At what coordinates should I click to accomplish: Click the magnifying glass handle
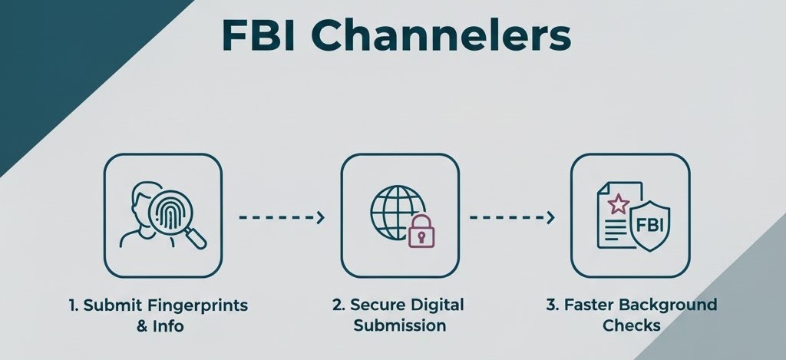pos(196,239)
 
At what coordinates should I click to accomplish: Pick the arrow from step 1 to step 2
pos(281,218)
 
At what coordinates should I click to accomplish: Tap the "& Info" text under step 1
pos(160,325)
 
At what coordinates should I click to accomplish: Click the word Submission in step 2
pos(398,325)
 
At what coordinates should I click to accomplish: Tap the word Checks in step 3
pos(631,325)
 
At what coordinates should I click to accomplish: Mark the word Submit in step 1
pos(109,305)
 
